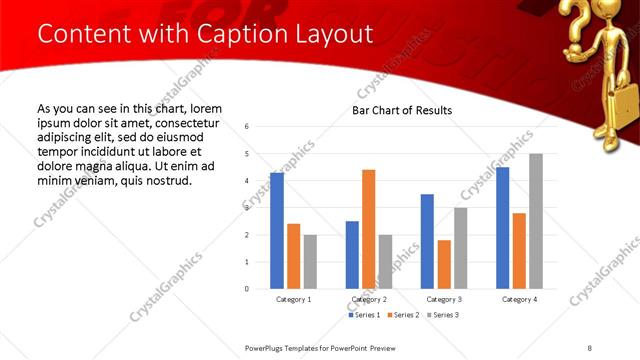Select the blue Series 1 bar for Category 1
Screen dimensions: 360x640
277,230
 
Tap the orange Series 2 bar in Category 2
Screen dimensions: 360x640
369,229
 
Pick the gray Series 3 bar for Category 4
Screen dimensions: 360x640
536,221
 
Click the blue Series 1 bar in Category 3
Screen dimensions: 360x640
427,241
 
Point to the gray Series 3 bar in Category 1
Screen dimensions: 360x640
311,262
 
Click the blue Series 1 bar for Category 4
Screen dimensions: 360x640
502,227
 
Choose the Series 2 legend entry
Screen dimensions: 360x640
404,315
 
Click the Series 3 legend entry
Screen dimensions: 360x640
445,315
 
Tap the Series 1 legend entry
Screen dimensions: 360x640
364,315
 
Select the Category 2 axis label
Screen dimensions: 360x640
369,300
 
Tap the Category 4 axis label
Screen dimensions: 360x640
519,300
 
